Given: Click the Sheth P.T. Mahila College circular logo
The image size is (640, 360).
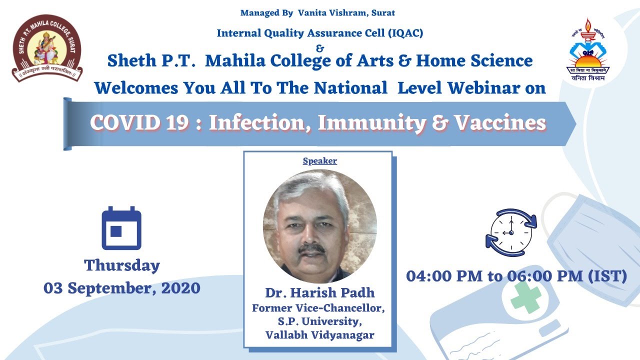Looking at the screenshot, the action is pyautogui.click(x=47, y=48).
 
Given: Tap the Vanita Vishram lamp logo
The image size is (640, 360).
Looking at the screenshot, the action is pyautogui.click(x=588, y=49).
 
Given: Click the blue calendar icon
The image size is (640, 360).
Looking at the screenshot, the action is pyautogui.click(x=121, y=228).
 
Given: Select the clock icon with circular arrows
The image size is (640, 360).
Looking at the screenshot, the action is pyautogui.click(x=511, y=232).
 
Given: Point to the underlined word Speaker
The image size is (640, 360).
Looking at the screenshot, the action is pyautogui.click(x=319, y=161).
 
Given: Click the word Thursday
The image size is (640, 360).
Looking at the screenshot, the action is pyautogui.click(x=122, y=265).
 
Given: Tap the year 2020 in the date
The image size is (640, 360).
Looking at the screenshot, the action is pyautogui.click(x=181, y=288).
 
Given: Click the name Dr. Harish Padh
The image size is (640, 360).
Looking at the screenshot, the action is pyautogui.click(x=319, y=292).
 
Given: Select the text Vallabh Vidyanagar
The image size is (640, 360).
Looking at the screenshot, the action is pyautogui.click(x=319, y=335).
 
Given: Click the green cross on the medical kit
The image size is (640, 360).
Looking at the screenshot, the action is pyautogui.click(x=525, y=297).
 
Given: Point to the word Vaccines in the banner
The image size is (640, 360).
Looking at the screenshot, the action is pyautogui.click(x=500, y=123).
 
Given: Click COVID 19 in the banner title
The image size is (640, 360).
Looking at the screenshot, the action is pyautogui.click(x=139, y=123).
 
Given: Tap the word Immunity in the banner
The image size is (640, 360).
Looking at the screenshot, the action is pyautogui.click(x=371, y=123).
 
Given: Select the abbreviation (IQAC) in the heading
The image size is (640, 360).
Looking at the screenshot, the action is pyautogui.click(x=405, y=33).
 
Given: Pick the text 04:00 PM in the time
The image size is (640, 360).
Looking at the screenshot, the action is pyautogui.click(x=444, y=276).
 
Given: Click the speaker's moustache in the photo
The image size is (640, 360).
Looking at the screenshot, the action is pyautogui.click(x=311, y=248).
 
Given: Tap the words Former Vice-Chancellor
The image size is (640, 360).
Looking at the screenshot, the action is pyautogui.click(x=318, y=308).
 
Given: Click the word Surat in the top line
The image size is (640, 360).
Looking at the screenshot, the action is pyautogui.click(x=383, y=13).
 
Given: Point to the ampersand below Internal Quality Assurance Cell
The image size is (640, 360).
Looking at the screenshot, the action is pyautogui.click(x=320, y=48).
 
